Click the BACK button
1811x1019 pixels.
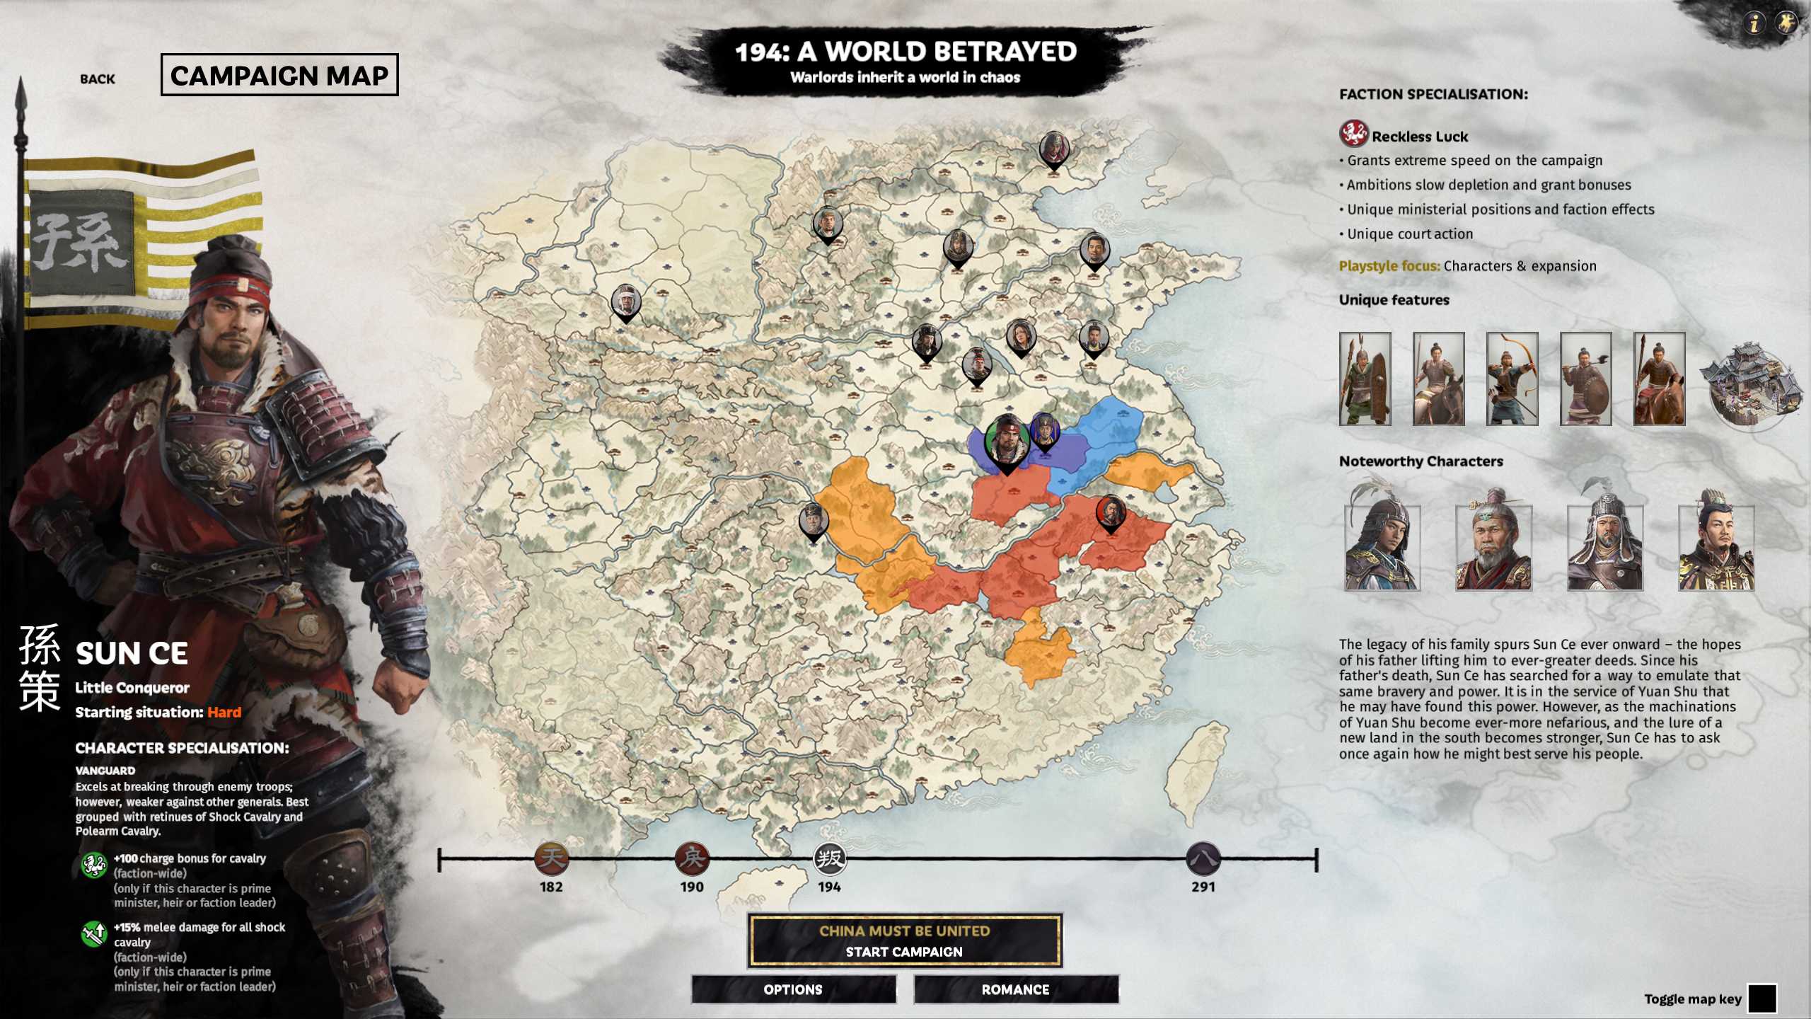click(97, 79)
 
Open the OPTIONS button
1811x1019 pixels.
click(793, 989)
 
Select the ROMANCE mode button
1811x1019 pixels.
click(1015, 989)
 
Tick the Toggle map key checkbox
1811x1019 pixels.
click(1761, 998)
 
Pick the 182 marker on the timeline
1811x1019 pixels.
click(551, 858)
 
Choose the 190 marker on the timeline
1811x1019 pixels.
click(691, 858)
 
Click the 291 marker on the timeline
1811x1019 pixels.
click(1203, 858)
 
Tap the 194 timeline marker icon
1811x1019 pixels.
click(829, 858)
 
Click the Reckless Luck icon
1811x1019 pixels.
click(1353, 134)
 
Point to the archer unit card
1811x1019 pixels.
click(1512, 379)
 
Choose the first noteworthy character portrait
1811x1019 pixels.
click(1382, 545)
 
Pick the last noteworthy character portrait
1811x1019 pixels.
click(1715, 545)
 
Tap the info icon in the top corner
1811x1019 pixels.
click(1754, 24)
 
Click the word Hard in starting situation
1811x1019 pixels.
click(224, 712)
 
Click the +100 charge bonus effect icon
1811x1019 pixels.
click(93, 865)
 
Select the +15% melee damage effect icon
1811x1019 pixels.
click(93, 933)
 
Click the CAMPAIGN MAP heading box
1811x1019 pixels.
click(279, 75)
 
